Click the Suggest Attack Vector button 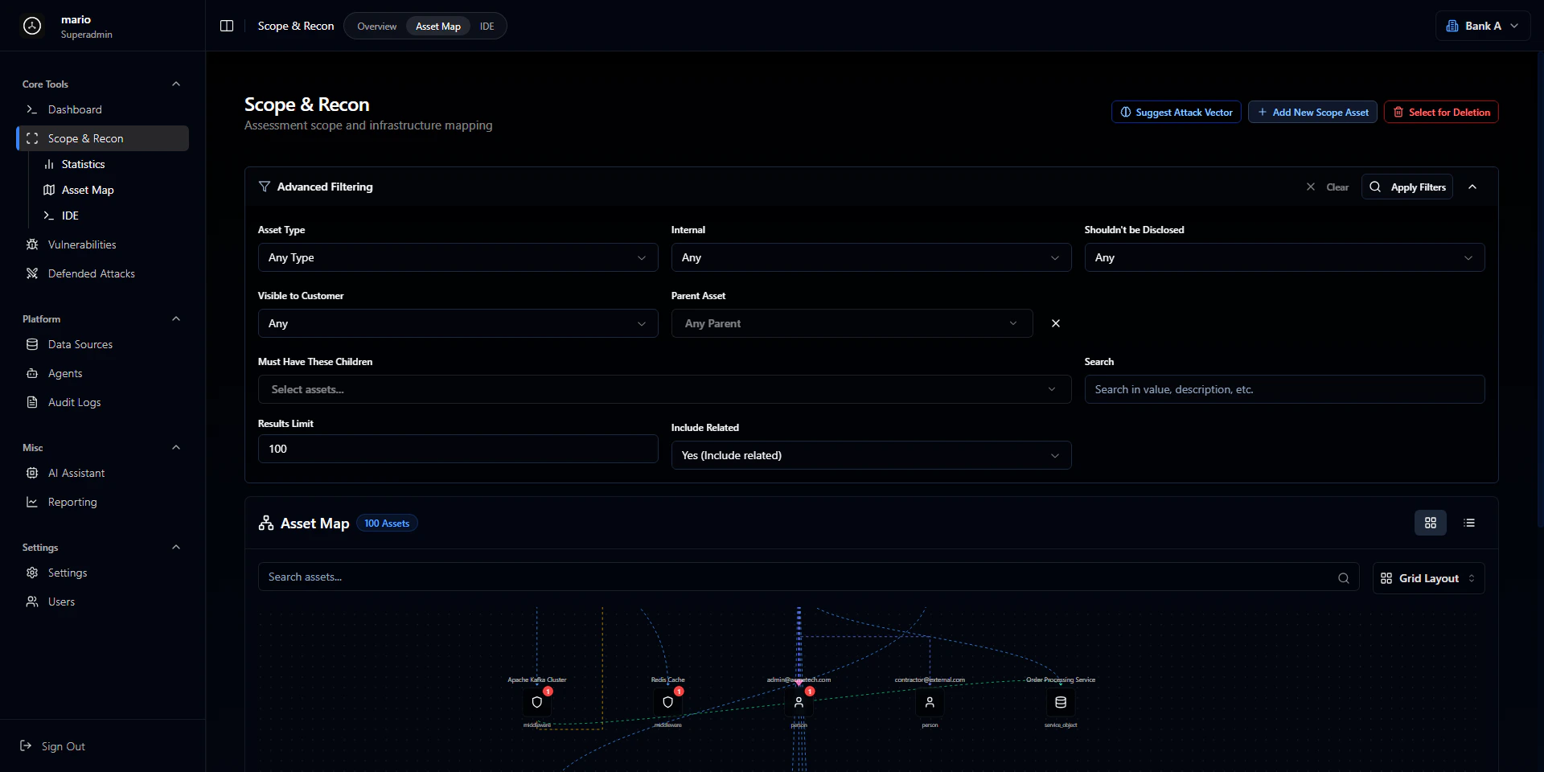(1176, 113)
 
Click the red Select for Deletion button (1440, 113)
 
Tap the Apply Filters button (1406, 187)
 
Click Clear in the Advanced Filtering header (1328, 187)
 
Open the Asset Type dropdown (457, 257)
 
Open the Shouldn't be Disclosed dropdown (1283, 257)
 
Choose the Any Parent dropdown (851, 323)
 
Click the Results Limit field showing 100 (457, 449)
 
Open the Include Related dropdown (870, 455)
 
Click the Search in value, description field (1283, 389)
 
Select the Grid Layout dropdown (1427, 578)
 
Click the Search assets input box (796, 577)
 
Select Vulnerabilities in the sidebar (82, 244)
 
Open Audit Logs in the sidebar (74, 402)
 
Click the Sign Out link (63, 746)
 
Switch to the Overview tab (376, 27)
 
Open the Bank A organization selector (1482, 26)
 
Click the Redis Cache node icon (667, 702)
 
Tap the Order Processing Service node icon (1060, 702)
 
